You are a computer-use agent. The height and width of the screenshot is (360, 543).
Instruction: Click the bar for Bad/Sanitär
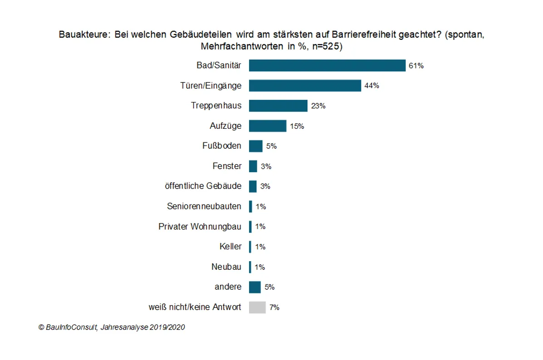point(327,66)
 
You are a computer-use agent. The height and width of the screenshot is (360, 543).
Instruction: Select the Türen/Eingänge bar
point(305,86)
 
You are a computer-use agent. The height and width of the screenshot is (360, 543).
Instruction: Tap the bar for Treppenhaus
point(278,106)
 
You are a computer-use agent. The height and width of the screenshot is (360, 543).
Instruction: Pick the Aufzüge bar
point(268,126)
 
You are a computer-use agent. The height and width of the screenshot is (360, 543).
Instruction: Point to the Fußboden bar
point(256,146)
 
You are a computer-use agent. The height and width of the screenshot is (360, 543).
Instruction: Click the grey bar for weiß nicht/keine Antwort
point(257,307)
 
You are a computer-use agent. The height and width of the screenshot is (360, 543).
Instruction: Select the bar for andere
point(255,287)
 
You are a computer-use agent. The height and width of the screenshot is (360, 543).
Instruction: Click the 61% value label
point(416,66)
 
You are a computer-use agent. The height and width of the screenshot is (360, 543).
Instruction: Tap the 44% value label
point(372,86)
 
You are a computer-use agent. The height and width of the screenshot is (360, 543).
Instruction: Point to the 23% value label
point(318,106)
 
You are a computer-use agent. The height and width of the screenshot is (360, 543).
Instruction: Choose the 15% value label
point(297,126)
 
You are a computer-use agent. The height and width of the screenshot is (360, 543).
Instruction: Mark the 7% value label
point(274,307)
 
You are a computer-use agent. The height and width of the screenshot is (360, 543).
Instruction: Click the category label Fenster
point(227,166)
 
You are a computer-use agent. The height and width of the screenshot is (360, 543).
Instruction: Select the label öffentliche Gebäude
point(203,186)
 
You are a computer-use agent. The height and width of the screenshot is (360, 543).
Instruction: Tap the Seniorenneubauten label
point(204,206)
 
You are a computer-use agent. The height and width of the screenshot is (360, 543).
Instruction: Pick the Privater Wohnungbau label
point(200,226)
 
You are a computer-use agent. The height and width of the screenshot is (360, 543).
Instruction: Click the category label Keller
point(230,247)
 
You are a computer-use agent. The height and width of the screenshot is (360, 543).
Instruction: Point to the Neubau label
point(226,267)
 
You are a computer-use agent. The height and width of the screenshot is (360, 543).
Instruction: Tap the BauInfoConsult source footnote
point(112,327)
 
